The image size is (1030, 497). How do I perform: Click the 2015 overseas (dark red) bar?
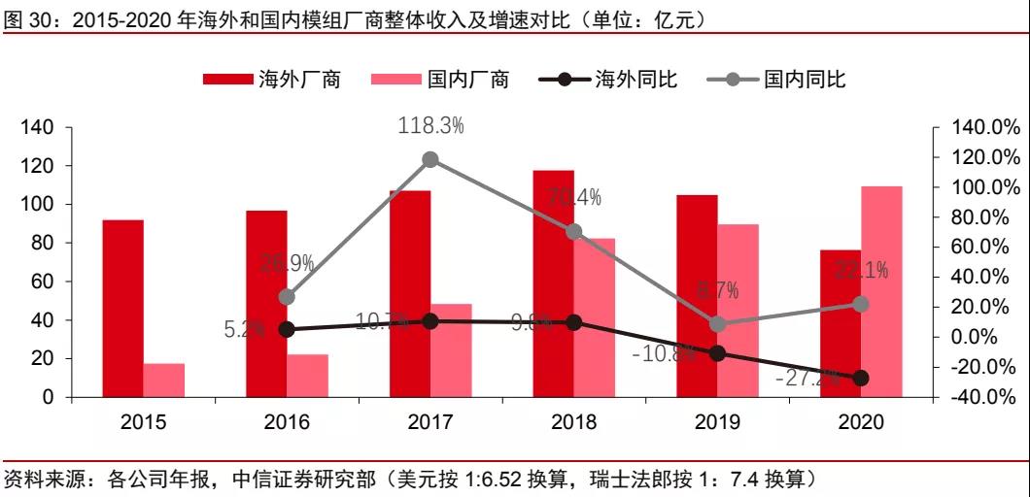tap(122, 309)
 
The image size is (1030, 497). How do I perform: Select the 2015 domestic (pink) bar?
tap(163, 380)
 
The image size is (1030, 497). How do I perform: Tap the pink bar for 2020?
tap(881, 291)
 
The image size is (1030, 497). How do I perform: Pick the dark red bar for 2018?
tap(553, 283)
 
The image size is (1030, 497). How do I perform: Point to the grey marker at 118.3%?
tap(430, 160)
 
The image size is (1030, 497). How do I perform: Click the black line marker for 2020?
tap(861, 378)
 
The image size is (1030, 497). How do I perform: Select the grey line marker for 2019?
tap(717, 324)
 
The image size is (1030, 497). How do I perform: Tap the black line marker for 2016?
tap(287, 329)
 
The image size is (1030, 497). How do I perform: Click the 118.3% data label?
tap(431, 125)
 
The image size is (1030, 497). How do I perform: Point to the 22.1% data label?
tap(862, 271)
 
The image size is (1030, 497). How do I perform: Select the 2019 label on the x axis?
tap(717, 422)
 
